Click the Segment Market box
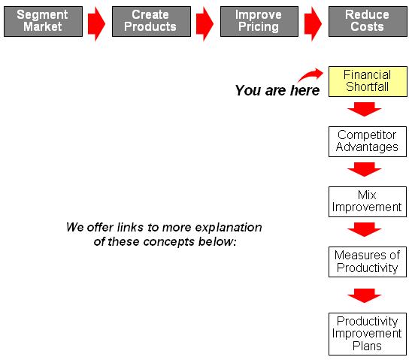tap(43, 21)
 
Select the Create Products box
tap(151, 21)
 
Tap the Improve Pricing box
tap(259, 21)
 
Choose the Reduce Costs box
tap(368, 21)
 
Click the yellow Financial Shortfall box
tap(368, 81)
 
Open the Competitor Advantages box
tap(368, 141)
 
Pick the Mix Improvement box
tap(368, 201)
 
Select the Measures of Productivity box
tap(368, 262)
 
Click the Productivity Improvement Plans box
tap(368, 334)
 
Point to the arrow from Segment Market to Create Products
tap(96, 24)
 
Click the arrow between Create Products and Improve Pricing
tap(204, 24)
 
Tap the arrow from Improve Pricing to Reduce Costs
tap(313, 24)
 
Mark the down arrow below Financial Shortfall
tap(365, 109)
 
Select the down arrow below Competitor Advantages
tap(365, 169)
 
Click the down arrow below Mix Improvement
tap(365, 229)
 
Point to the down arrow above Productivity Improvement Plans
tap(365, 295)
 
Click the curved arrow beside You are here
tap(310, 75)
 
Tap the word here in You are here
tap(304, 90)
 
